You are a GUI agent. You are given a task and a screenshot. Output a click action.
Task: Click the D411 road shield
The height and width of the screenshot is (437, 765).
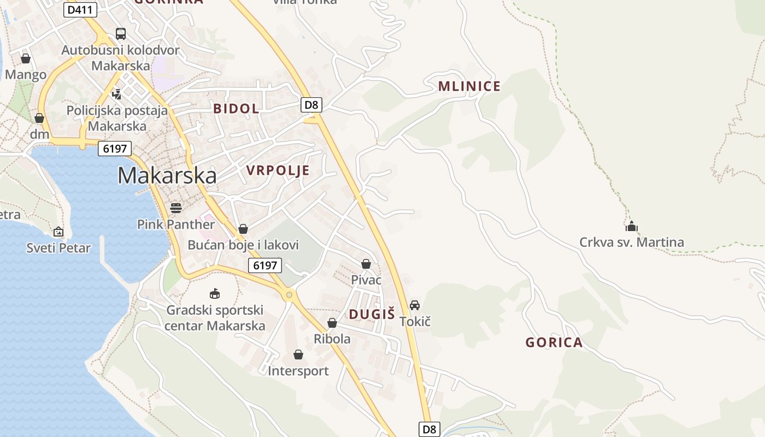pyautogui.click(x=80, y=9)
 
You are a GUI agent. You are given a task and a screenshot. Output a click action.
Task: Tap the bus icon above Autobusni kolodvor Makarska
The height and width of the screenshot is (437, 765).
pyautogui.click(x=121, y=34)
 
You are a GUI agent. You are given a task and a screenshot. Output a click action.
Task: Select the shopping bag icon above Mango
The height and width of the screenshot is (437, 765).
pyautogui.click(x=26, y=58)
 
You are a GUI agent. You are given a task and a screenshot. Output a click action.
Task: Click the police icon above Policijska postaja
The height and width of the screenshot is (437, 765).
pyautogui.click(x=116, y=94)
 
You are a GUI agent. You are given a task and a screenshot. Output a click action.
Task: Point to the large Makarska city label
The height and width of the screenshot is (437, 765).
pyautogui.click(x=167, y=175)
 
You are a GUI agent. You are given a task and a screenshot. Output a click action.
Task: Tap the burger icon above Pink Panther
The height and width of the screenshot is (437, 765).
pyautogui.click(x=176, y=208)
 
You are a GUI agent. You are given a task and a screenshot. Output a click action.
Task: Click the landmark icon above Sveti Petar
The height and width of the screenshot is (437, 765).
pyautogui.click(x=58, y=232)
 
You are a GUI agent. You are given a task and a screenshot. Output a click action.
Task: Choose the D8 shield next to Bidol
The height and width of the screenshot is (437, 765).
pyautogui.click(x=311, y=104)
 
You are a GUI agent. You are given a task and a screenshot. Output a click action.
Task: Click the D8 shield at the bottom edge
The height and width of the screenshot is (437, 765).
pyautogui.click(x=429, y=429)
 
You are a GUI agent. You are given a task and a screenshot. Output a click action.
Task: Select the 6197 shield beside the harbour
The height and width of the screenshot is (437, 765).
pyautogui.click(x=115, y=148)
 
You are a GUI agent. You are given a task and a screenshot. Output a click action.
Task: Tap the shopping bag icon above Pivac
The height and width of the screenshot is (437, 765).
pyautogui.click(x=366, y=264)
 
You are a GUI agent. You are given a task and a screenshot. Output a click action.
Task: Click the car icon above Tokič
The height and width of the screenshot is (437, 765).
pyautogui.click(x=415, y=305)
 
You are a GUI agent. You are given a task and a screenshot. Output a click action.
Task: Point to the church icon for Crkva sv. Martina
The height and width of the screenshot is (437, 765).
pyautogui.click(x=632, y=226)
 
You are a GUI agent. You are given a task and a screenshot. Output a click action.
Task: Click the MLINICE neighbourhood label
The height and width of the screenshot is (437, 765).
pyautogui.click(x=469, y=86)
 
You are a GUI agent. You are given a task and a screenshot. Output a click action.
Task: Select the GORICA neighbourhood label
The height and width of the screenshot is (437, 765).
pyautogui.click(x=554, y=342)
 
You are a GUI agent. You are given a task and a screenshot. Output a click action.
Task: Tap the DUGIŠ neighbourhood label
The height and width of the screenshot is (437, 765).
pyautogui.click(x=372, y=314)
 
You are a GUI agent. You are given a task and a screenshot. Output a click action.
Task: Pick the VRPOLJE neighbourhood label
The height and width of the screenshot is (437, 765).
pyautogui.click(x=278, y=170)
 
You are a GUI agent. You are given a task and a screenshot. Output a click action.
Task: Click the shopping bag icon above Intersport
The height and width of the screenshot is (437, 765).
pyautogui.click(x=298, y=355)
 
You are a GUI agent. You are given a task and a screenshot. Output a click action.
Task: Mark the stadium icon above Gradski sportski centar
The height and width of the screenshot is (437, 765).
pyautogui.click(x=215, y=294)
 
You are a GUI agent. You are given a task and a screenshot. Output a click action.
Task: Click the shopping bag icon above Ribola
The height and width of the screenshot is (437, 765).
pyautogui.click(x=332, y=323)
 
